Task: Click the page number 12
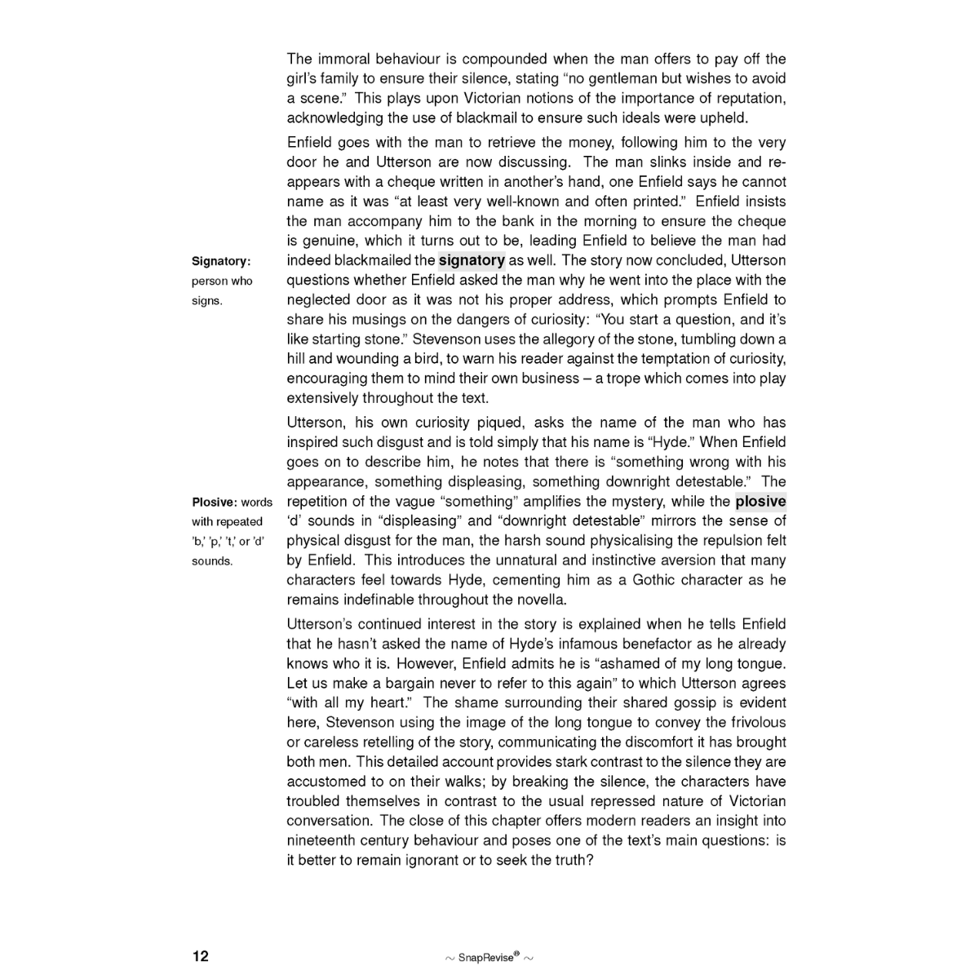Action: pos(201,956)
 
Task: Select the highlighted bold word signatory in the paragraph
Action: pos(472,260)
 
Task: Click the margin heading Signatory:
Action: pos(221,261)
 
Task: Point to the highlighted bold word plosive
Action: pos(760,502)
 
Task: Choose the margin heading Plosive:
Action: pos(215,503)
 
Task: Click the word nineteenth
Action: pos(322,841)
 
